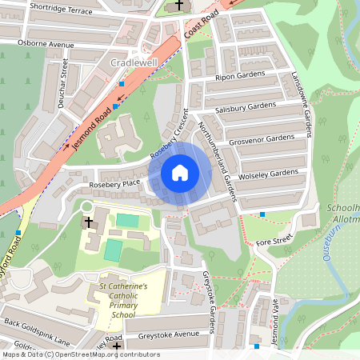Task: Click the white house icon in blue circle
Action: (180, 172)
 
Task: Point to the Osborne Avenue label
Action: (46, 44)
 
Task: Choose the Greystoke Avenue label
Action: (167, 335)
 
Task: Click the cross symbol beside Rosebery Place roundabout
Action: (88, 222)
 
